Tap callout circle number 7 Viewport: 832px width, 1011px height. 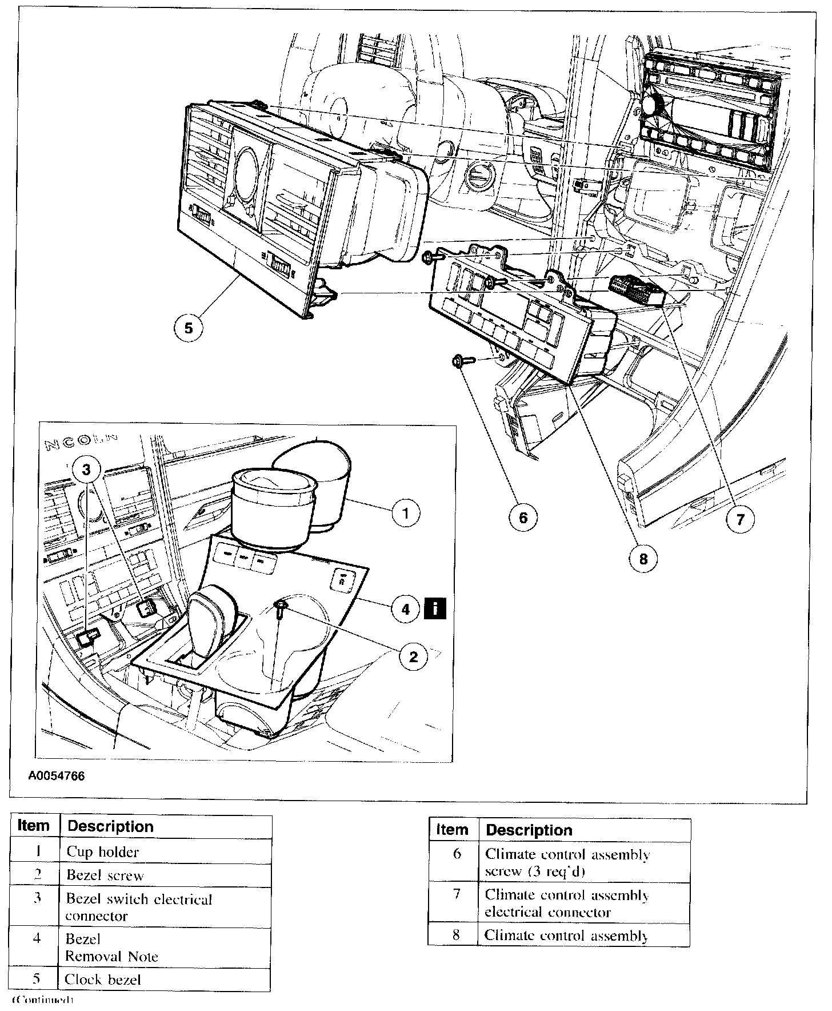point(740,520)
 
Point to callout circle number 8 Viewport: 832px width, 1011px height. point(643,558)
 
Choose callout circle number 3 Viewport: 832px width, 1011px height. point(86,469)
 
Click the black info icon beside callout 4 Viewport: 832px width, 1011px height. point(435,608)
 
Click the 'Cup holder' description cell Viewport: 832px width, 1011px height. point(165,851)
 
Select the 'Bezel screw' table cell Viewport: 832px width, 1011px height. point(165,875)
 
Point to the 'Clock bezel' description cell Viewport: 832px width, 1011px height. point(165,979)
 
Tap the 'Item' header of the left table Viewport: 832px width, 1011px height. point(34,826)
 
